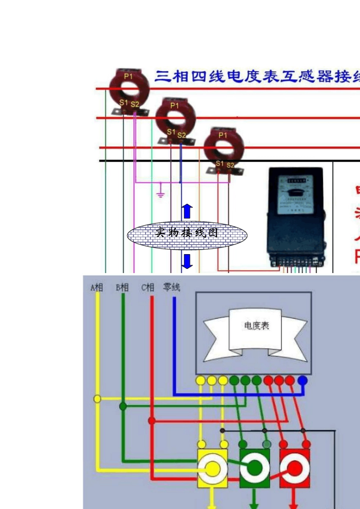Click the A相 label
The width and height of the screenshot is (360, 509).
97,287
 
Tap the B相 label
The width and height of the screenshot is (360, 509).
122,287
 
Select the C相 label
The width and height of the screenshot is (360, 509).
148,287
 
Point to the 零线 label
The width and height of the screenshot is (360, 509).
172,287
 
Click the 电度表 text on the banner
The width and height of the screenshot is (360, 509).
257,326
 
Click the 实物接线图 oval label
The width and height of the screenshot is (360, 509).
187,233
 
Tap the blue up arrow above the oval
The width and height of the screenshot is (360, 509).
187,211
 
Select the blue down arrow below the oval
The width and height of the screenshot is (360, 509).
187,261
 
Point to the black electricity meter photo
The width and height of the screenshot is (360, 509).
296,216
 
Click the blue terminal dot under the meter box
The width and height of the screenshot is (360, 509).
302,380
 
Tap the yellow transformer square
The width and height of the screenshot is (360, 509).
213,468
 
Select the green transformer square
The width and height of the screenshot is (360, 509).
255,468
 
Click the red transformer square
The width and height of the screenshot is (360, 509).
294,468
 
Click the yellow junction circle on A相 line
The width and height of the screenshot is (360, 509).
97,399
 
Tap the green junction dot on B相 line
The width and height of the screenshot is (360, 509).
123,406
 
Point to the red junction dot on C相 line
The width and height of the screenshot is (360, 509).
152,421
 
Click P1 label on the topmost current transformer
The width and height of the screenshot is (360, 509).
128,76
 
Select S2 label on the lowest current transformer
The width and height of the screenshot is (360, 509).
230,165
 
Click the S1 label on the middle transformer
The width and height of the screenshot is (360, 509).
171,132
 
